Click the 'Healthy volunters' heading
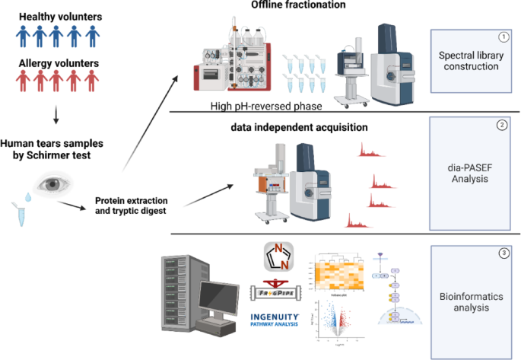click(57, 16)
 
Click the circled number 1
click(503, 37)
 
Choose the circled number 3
click(503, 252)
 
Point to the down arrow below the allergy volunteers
click(57, 117)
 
